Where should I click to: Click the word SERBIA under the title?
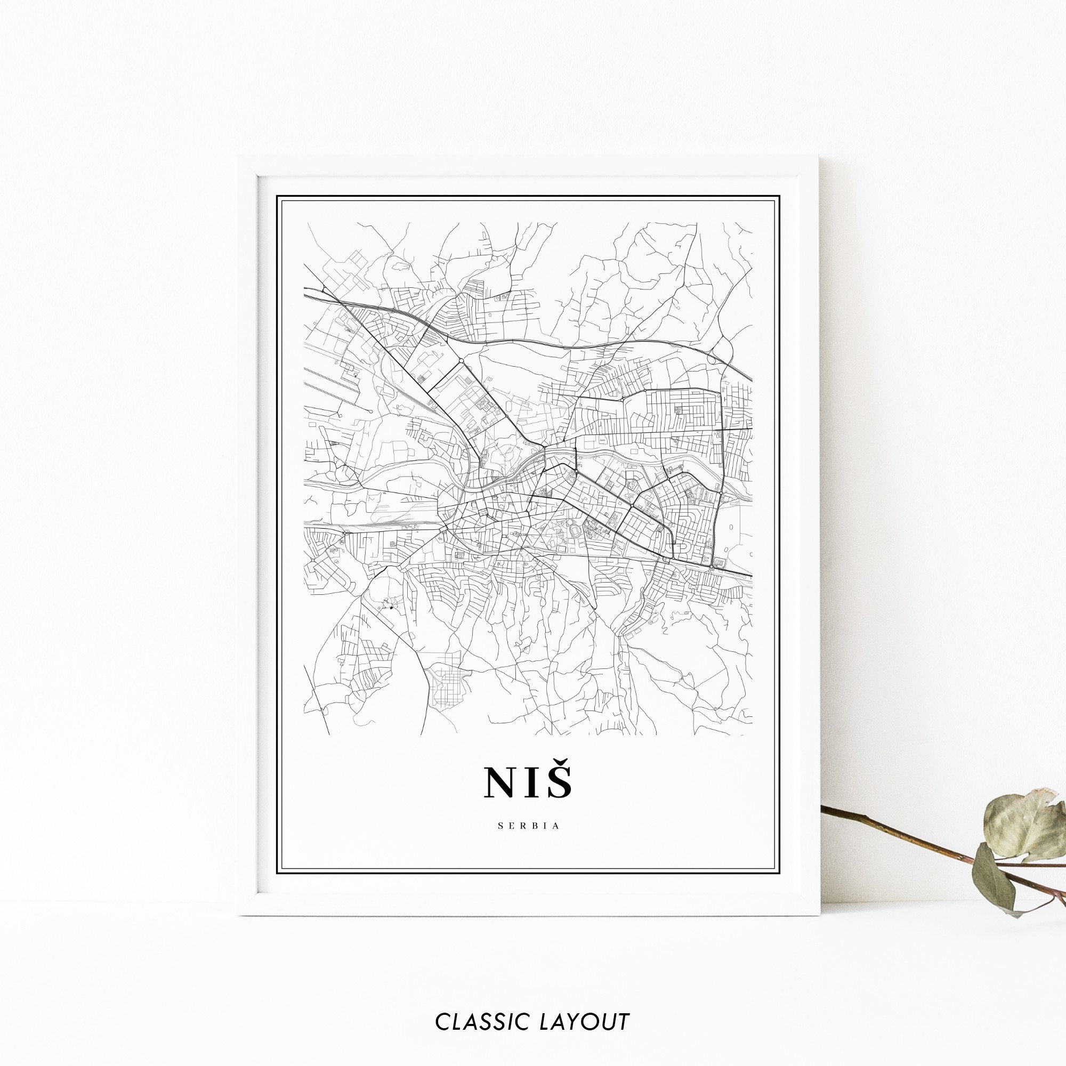(529, 826)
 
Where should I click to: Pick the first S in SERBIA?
(500, 826)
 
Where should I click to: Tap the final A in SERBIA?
(557, 826)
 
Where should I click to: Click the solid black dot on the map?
(391, 608)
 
